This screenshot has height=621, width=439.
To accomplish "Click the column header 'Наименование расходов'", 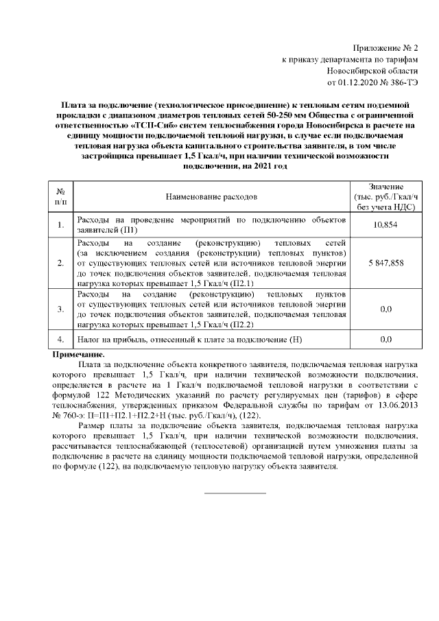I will (212, 197).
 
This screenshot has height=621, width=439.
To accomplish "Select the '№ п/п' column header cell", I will (60, 197).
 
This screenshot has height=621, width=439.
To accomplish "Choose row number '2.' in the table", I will (60, 263).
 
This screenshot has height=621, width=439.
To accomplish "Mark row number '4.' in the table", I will (60, 340).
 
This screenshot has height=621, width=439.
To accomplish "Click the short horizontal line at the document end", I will (236, 493).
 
